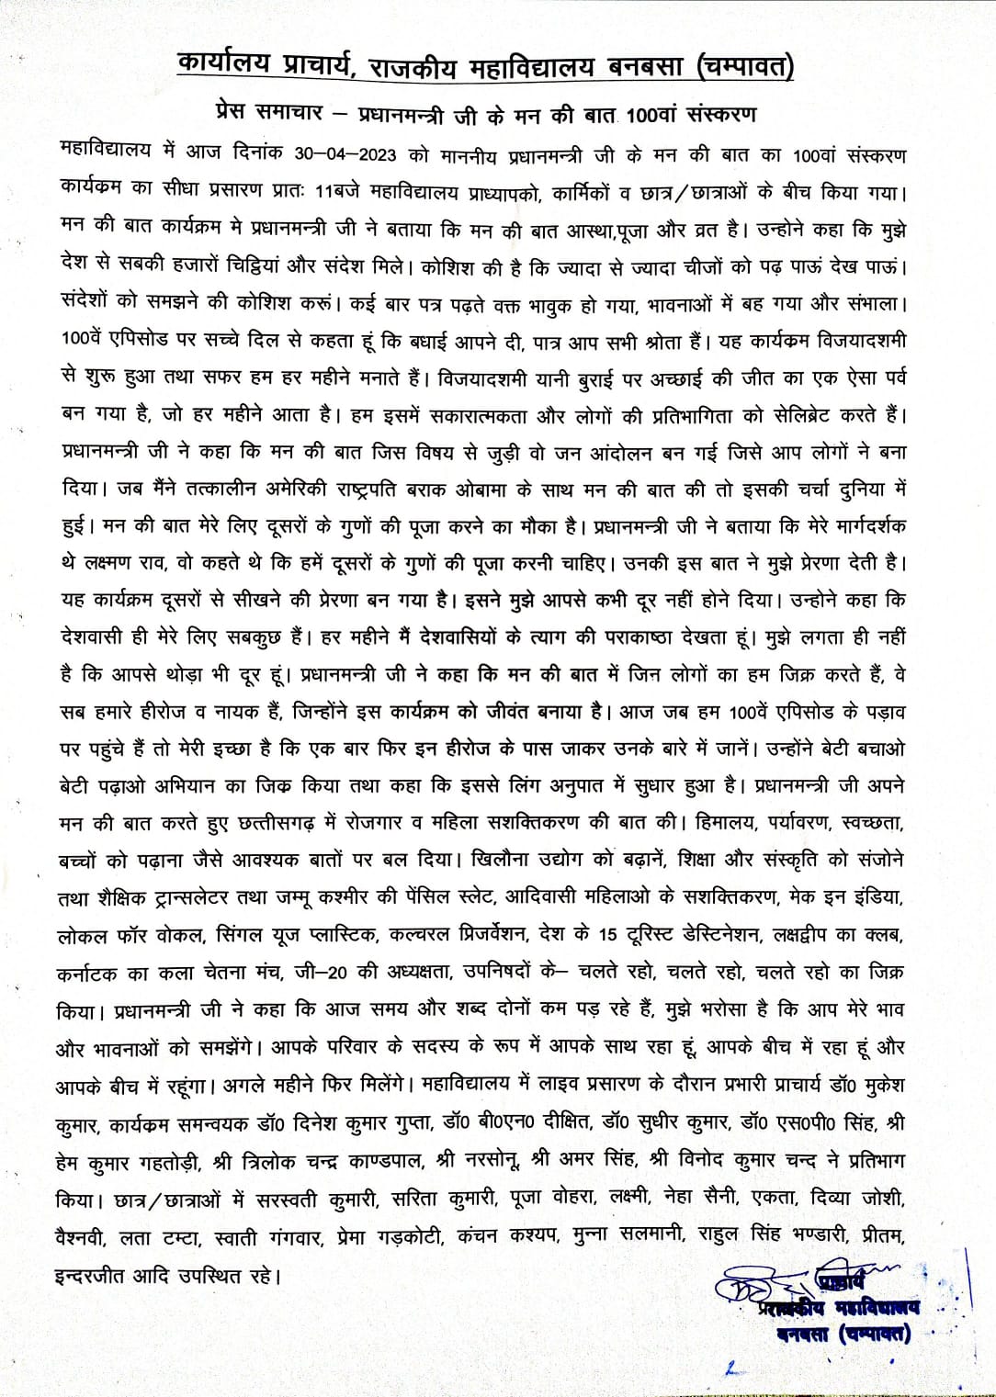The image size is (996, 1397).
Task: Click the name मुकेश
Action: (876, 1084)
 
